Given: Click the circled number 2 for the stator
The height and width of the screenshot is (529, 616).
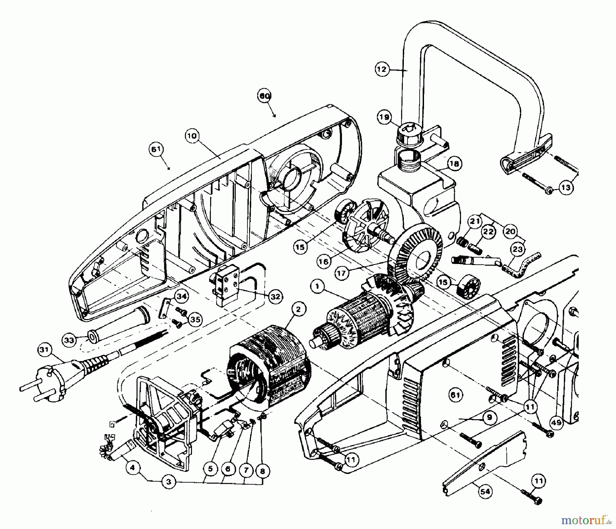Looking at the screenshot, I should [298, 310].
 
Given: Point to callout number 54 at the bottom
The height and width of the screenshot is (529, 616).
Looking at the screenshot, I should [485, 492].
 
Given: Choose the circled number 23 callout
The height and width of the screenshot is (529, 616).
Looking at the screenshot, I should [518, 249].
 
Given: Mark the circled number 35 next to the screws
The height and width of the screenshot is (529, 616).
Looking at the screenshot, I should [196, 319].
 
